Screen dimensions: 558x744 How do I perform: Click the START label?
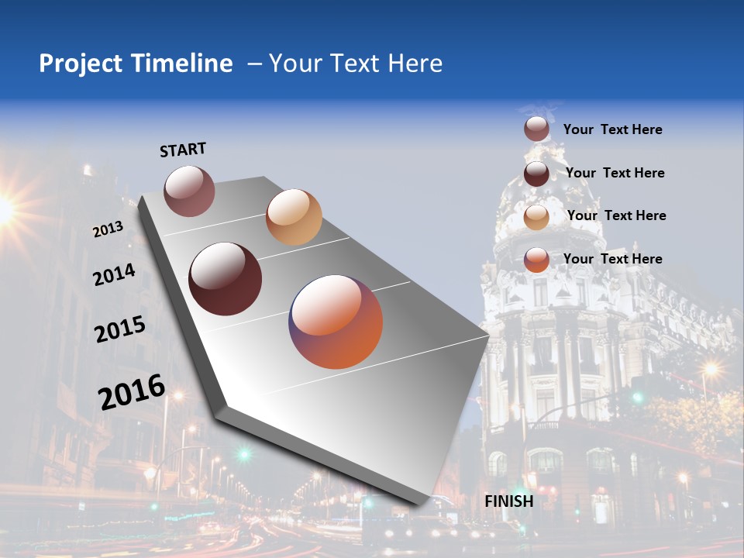pyautogui.click(x=183, y=150)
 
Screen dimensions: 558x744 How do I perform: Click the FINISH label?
pyautogui.click(x=509, y=501)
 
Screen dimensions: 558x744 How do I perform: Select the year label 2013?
pyautogui.click(x=108, y=229)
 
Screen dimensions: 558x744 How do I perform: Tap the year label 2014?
pyautogui.click(x=114, y=274)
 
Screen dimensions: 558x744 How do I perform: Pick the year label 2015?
pyautogui.click(x=120, y=329)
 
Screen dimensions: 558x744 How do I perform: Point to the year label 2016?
pyautogui.click(x=132, y=391)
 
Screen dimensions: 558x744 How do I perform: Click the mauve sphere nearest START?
pyautogui.click(x=189, y=191)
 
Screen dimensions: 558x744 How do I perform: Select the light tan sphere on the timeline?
pyautogui.click(x=294, y=217)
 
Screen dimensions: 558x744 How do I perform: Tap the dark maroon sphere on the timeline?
pyautogui.click(x=226, y=279)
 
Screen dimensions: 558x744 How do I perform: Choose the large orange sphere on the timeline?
pyautogui.click(x=336, y=322)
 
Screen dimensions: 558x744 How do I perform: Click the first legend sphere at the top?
pyautogui.click(x=536, y=129)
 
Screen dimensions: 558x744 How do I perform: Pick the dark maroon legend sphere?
pyautogui.click(x=536, y=174)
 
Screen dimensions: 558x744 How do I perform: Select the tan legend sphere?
pyautogui.click(x=536, y=217)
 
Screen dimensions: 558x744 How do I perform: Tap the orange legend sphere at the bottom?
pyautogui.click(x=536, y=260)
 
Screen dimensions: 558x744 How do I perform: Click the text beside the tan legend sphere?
pyautogui.click(x=616, y=215)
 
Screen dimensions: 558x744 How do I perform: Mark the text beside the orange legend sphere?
pyautogui.click(x=612, y=259)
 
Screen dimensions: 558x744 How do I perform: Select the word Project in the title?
pyautogui.click(x=80, y=64)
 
